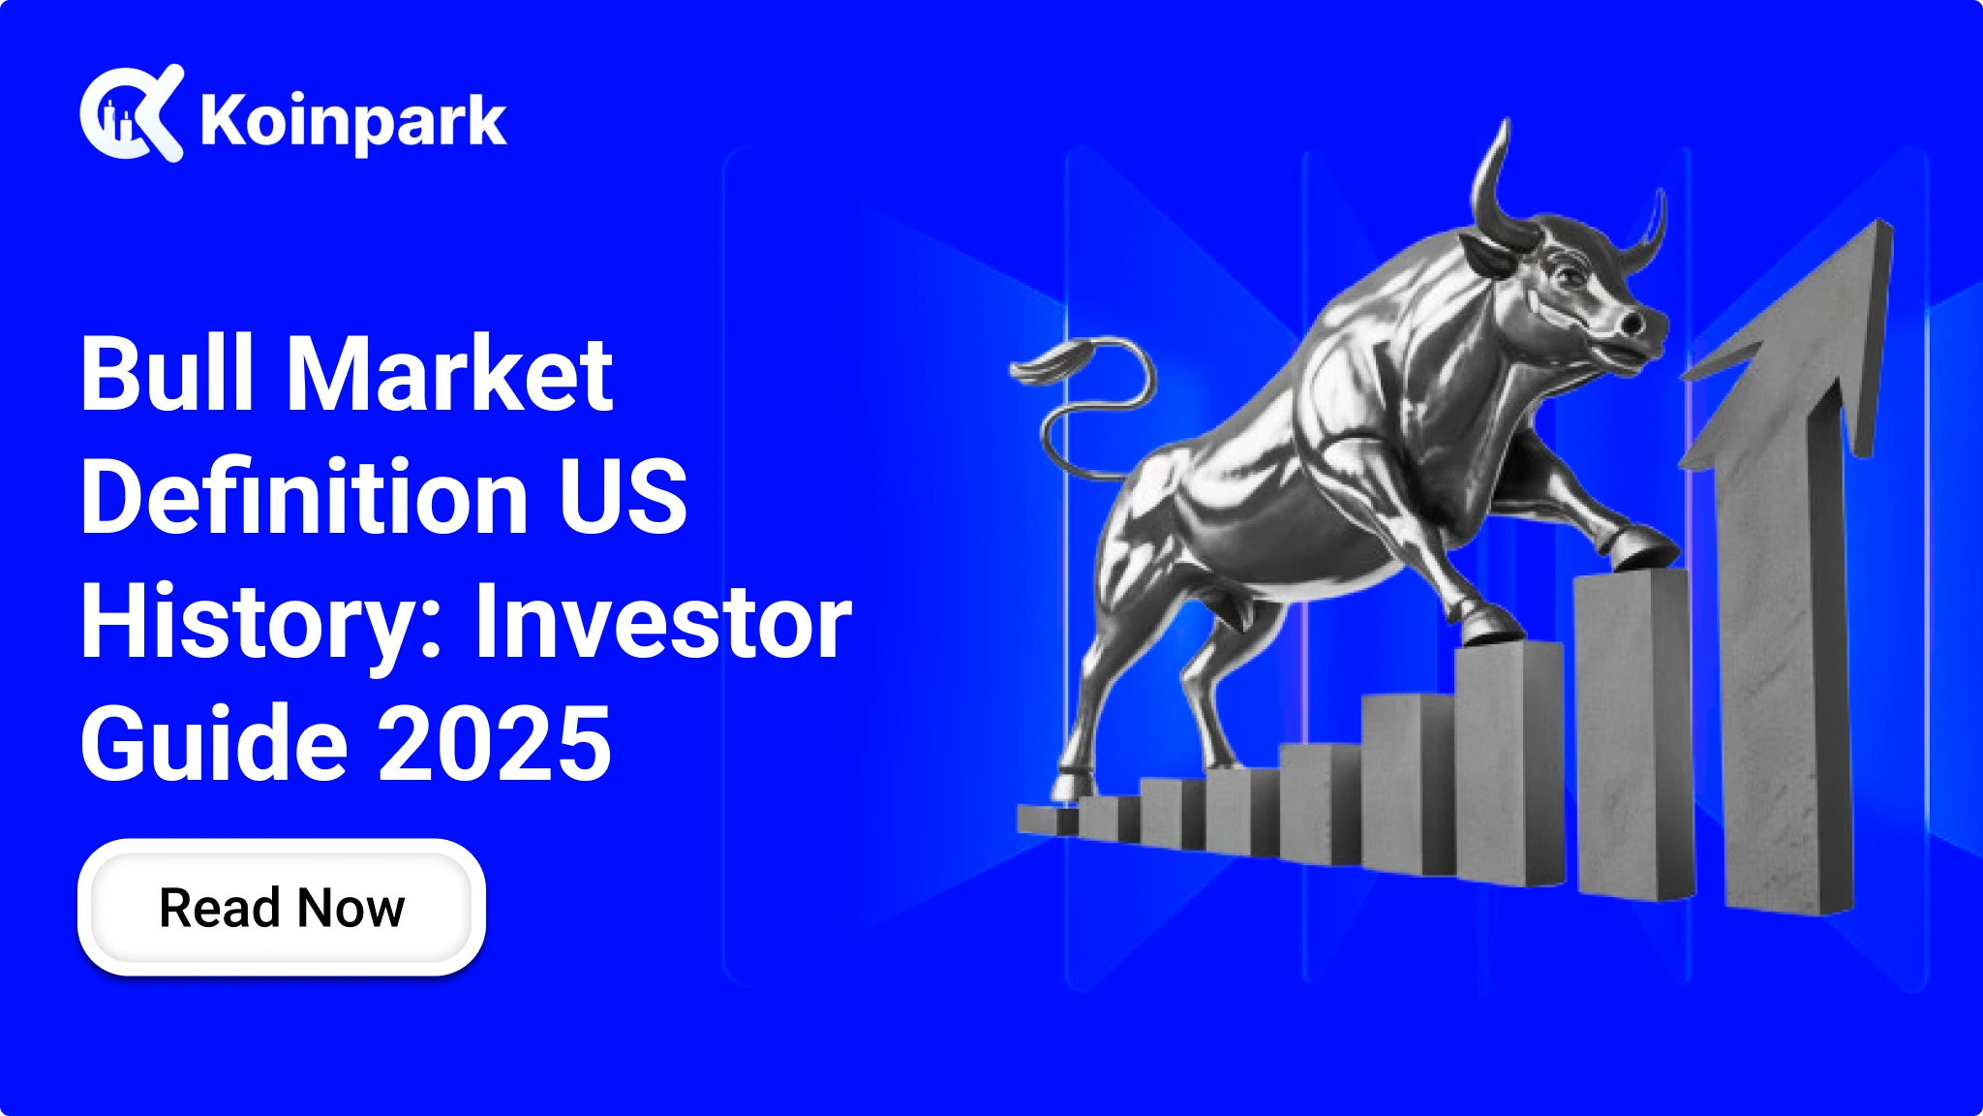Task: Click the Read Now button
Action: [281, 907]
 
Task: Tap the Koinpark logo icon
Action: [132, 112]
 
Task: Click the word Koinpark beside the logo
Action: [353, 122]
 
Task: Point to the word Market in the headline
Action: [450, 373]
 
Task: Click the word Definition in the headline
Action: [302, 496]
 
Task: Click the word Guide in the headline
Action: [214, 743]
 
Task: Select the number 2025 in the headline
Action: [495, 743]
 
